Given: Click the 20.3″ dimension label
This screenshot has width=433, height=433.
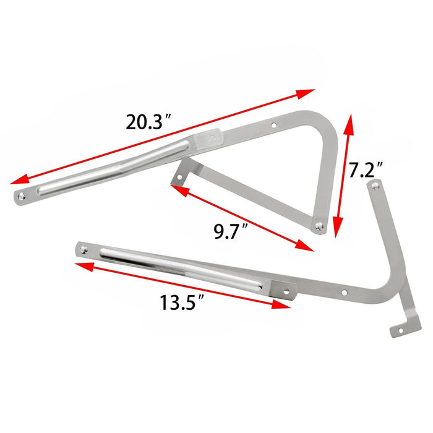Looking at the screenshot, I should [x=148, y=122].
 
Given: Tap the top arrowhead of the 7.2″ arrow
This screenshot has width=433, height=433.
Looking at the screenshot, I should [x=351, y=118].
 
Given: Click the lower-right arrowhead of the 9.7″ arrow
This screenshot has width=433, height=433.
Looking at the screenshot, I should [x=308, y=247].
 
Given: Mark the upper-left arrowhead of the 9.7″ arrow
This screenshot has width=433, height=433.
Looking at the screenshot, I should [x=175, y=188].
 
